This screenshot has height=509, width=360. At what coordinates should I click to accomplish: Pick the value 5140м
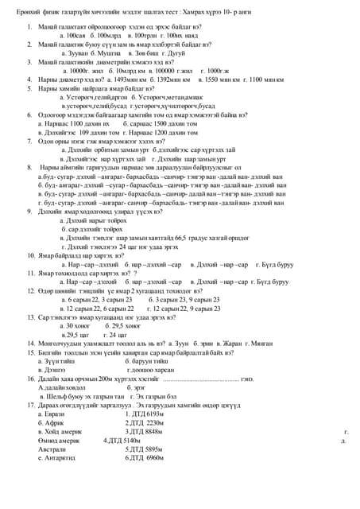(x=127, y=440)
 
